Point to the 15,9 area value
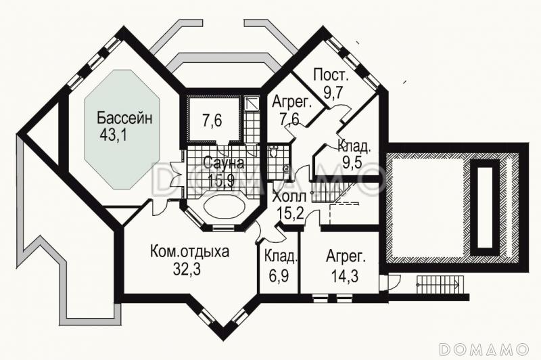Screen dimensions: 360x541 tap(220, 180)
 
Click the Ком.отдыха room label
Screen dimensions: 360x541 tap(189, 252)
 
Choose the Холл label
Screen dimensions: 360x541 tap(289, 198)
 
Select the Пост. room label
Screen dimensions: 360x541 tap(331, 76)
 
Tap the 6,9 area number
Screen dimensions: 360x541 tap(279, 275)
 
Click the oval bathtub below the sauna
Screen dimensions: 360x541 tap(222, 206)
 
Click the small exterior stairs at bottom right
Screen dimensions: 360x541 tap(438, 284)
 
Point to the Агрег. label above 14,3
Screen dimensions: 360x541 tap(345, 257)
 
